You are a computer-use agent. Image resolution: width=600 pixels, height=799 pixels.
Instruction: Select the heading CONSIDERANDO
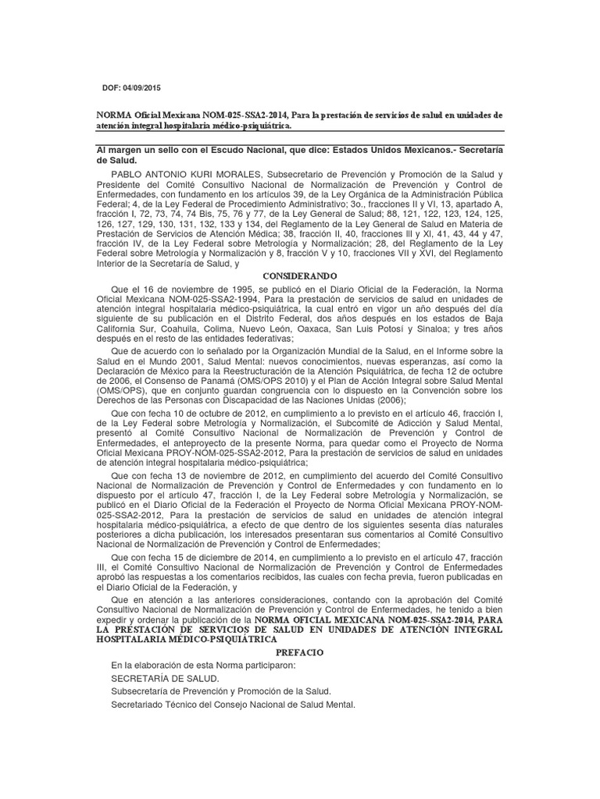pyautogui.click(x=300, y=275)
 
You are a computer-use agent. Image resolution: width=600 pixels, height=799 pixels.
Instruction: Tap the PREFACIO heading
pyautogui.click(x=300, y=651)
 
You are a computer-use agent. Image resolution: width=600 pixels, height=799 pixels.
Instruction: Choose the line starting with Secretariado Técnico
pyautogui.click(x=233, y=704)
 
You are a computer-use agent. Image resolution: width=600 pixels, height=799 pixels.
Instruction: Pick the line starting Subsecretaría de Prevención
pyautogui.click(x=221, y=691)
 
